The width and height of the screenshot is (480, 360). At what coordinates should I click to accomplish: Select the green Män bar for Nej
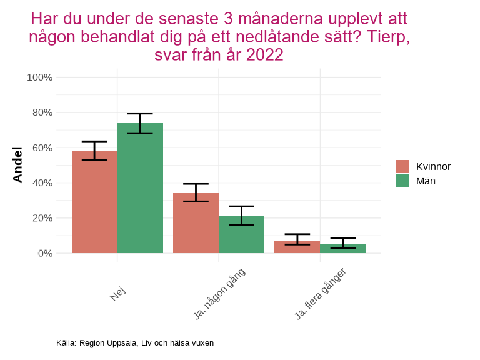coord(140,187)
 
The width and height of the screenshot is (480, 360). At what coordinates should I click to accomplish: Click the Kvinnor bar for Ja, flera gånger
coord(297,247)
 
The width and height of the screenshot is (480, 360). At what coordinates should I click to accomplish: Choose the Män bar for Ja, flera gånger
coord(342,249)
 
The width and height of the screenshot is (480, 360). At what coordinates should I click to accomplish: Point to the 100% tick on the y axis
coord(39,77)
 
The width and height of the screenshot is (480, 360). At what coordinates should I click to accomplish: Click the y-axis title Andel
coord(17,164)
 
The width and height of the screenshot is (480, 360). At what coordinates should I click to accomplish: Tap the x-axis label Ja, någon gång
coord(219,294)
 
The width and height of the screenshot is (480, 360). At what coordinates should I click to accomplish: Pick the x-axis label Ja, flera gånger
coord(321,294)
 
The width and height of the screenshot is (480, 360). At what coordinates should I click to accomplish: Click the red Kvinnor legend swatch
coord(402,166)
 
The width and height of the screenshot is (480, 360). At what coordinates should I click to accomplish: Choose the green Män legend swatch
coord(402,181)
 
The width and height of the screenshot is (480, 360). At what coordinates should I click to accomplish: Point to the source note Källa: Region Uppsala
coord(135,343)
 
